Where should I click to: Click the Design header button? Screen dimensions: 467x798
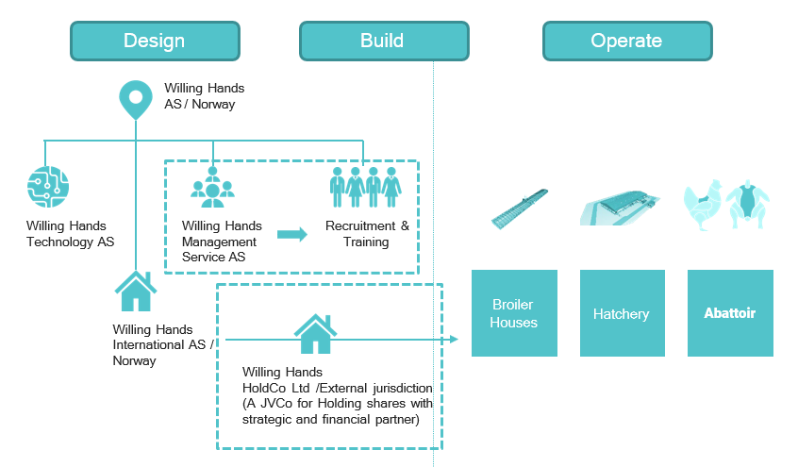click(x=155, y=41)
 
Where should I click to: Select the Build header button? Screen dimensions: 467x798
click(x=383, y=41)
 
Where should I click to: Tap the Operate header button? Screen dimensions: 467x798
click(x=626, y=41)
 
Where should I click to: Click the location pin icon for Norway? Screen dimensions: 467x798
click(x=136, y=99)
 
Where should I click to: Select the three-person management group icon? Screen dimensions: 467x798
click(x=212, y=188)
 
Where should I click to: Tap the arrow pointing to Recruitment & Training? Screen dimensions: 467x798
click(x=291, y=234)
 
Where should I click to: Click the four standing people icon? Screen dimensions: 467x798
click(x=365, y=187)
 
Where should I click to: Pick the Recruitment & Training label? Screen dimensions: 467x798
click(x=366, y=234)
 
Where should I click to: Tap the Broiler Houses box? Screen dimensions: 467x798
click(x=514, y=313)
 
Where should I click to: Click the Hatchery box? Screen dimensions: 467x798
click(x=622, y=313)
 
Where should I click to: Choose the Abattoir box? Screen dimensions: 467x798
click(x=730, y=313)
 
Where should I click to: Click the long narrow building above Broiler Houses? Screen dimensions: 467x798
click(x=518, y=208)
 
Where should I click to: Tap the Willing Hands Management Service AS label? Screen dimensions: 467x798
click(x=222, y=242)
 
